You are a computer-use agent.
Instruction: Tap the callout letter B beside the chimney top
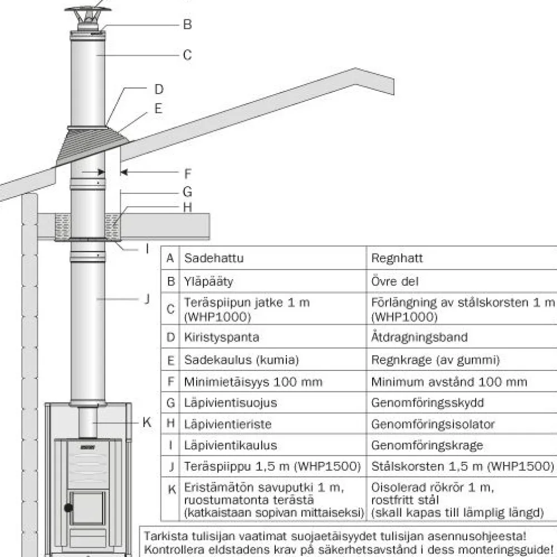click(x=187, y=25)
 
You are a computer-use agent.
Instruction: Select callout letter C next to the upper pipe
click(x=187, y=55)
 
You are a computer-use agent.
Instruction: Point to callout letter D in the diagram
click(x=159, y=89)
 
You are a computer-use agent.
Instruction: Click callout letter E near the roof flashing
click(x=158, y=108)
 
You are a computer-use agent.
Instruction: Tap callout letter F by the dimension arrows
click(x=188, y=174)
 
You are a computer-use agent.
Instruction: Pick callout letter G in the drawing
click(x=187, y=192)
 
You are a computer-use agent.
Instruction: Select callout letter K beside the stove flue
click(x=146, y=422)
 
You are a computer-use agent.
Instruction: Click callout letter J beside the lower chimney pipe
click(x=147, y=299)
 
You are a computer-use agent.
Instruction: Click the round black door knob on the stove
click(x=69, y=507)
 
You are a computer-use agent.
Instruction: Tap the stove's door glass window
click(x=87, y=508)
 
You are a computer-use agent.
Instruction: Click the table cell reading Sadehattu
click(x=214, y=258)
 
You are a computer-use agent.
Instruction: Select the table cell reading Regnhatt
click(x=397, y=258)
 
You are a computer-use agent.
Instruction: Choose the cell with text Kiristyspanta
click(x=221, y=337)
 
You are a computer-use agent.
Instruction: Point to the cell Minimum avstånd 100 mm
click(x=449, y=382)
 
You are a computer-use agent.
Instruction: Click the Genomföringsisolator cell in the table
click(x=433, y=424)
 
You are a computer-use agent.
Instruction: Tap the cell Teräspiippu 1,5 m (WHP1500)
click(x=272, y=466)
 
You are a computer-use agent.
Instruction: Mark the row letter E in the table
click(x=170, y=360)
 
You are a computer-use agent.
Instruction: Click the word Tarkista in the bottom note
click(x=165, y=536)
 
